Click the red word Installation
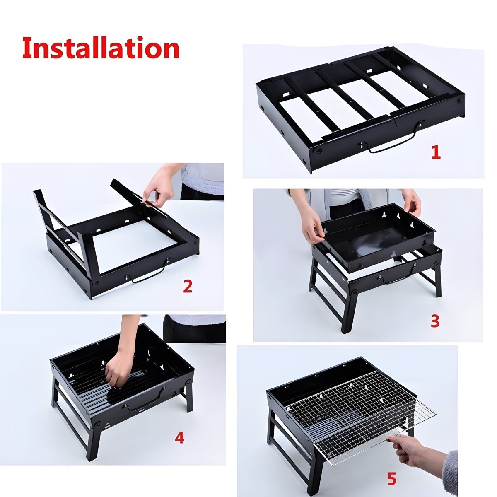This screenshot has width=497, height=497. pos(101,48)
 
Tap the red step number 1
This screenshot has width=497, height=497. pos(436,152)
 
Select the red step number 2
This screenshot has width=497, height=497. pos(188,286)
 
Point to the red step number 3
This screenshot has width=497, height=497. pos(434,321)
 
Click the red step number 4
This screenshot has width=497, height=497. pos(179,438)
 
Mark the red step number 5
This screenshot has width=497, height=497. pos(391,479)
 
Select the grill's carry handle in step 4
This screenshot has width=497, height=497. pos(145,402)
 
